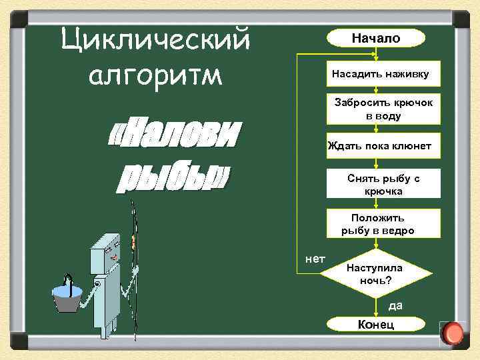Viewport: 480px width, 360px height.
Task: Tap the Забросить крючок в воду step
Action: click(x=383, y=109)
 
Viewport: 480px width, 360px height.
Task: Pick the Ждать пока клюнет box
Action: click(x=383, y=146)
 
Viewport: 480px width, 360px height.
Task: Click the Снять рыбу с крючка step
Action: click(x=383, y=185)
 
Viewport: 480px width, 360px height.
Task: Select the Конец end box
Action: click(x=376, y=324)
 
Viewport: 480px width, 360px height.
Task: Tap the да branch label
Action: click(x=396, y=305)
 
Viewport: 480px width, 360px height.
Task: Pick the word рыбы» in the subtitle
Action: click(x=173, y=177)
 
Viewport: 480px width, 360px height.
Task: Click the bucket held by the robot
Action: click(x=68, y=297)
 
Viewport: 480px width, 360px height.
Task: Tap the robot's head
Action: click(x=107, y=249)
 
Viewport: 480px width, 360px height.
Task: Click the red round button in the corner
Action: click(x=453, y=333)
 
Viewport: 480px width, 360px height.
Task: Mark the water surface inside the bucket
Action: click(x=68, y=290)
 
